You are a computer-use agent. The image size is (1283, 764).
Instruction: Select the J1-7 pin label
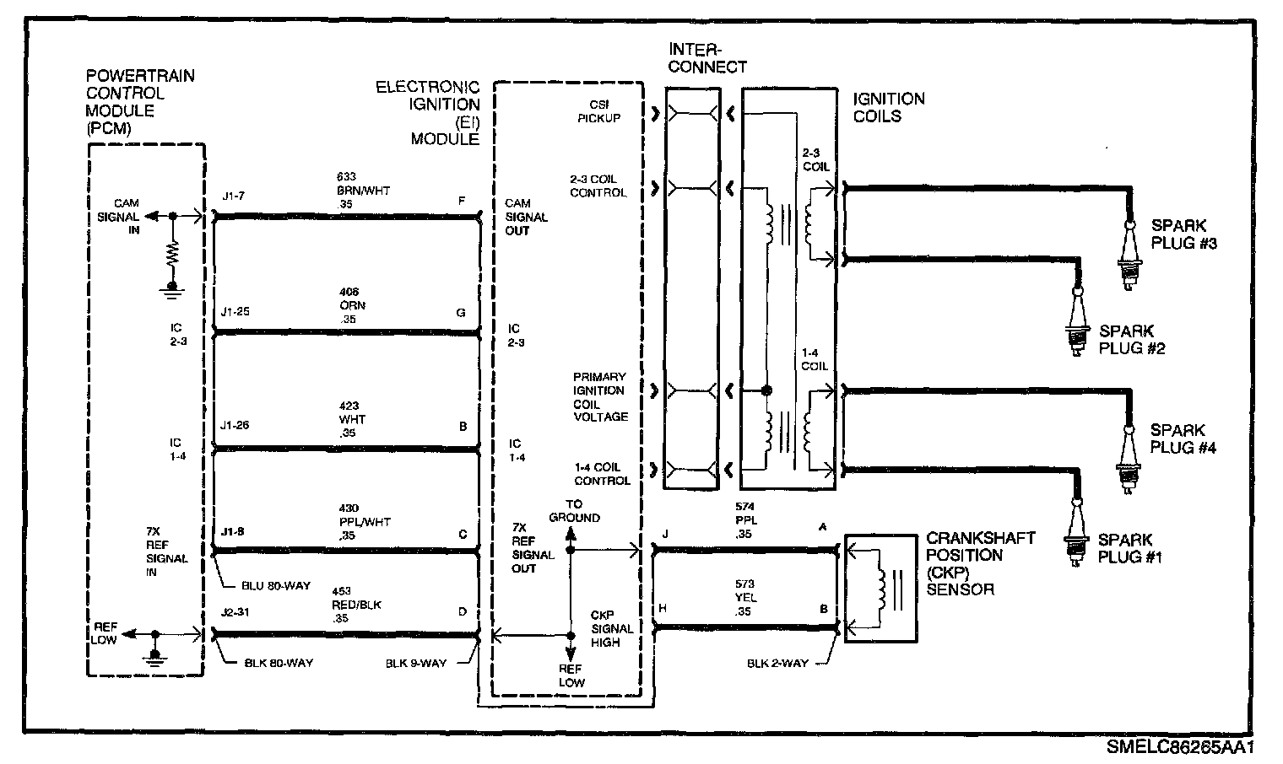coord(233,196)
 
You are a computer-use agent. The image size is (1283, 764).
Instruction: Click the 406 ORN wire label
coord(351,305)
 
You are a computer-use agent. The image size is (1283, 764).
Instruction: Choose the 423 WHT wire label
coord(350,419)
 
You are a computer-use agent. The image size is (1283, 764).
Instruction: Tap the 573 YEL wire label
coord(745,598)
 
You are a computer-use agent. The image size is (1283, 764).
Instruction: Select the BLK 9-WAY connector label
coord(415,663)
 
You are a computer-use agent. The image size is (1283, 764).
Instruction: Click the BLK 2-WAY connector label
coord(777,663)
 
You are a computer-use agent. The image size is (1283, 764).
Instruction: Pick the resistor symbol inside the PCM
coord(173,256)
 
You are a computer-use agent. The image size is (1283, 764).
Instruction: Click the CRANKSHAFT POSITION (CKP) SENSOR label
coord(979,563)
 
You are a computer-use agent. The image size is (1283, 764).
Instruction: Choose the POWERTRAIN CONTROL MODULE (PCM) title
coord(140,102)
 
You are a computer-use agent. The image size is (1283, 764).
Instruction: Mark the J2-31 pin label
coord(235,612)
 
